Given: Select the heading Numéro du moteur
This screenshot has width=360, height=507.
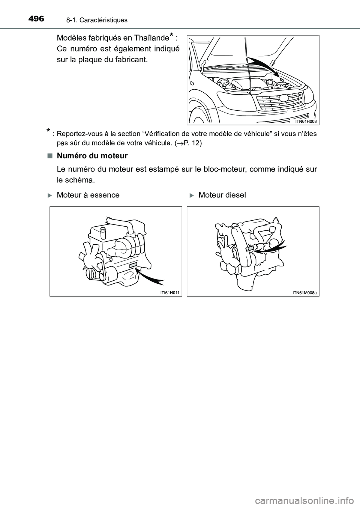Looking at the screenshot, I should tap(92, 155).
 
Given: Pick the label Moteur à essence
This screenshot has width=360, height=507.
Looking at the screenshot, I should tap(88, 195).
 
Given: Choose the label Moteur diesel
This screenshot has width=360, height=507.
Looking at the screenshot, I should tap(222, 195).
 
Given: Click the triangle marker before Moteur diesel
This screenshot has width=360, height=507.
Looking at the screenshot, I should tap(191, 195).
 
